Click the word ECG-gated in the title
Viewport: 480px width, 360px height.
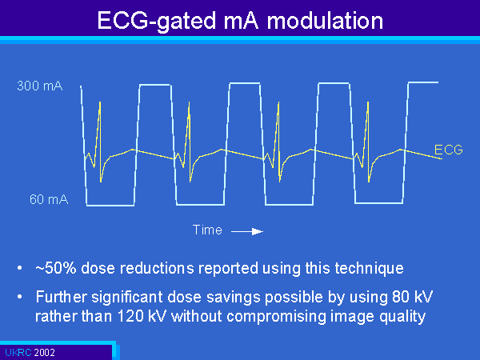[x=157, y=22]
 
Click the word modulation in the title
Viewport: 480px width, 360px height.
[x=325, y=21]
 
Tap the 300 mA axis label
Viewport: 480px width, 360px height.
[x=40, y=86]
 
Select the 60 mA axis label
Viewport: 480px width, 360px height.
[x=49, y=199]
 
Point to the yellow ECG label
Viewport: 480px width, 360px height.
[x=449, y=150]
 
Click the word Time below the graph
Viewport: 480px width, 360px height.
[x=207, y=230]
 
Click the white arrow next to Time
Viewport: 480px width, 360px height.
[x=247, y=232]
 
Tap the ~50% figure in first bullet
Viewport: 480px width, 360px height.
[x=56, y=268]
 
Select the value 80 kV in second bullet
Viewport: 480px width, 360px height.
[x=412, y=297]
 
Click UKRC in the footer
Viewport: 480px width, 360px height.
[x=18, y=352]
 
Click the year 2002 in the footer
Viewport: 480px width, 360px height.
[x=44, y=352]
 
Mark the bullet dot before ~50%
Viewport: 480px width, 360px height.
[x=20, y=268]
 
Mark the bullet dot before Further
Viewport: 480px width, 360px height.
[x=20, y=297]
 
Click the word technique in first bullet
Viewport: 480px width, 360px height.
[x=369, y=269]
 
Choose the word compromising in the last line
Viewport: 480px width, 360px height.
[x=277, y=317]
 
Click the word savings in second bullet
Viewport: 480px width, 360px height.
[x=234, y=298]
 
